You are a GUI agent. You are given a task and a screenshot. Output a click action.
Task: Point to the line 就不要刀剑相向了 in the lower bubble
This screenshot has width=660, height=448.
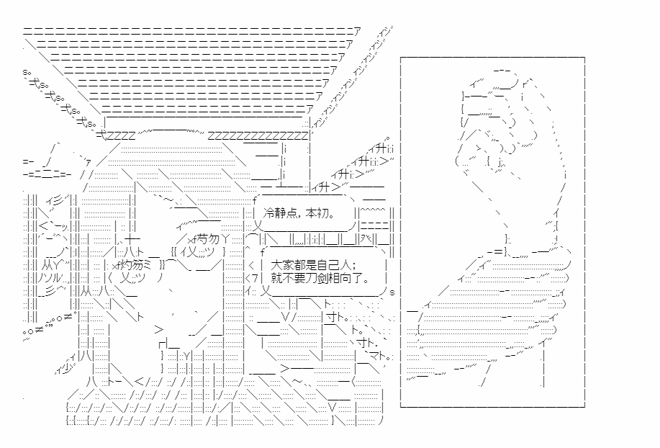(320, 278)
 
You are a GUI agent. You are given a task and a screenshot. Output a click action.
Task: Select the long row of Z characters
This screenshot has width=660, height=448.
(258, 136)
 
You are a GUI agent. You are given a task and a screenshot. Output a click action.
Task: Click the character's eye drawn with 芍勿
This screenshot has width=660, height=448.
(208, 240)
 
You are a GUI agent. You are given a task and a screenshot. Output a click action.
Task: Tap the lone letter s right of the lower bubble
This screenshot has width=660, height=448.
(392, 292)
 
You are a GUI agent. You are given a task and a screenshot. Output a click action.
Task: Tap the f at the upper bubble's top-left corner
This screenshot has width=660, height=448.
(255, 200)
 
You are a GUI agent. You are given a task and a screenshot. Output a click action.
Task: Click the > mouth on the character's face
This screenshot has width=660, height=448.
(158, 330)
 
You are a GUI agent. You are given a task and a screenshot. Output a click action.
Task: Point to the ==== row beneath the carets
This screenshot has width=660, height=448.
(374, 226)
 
